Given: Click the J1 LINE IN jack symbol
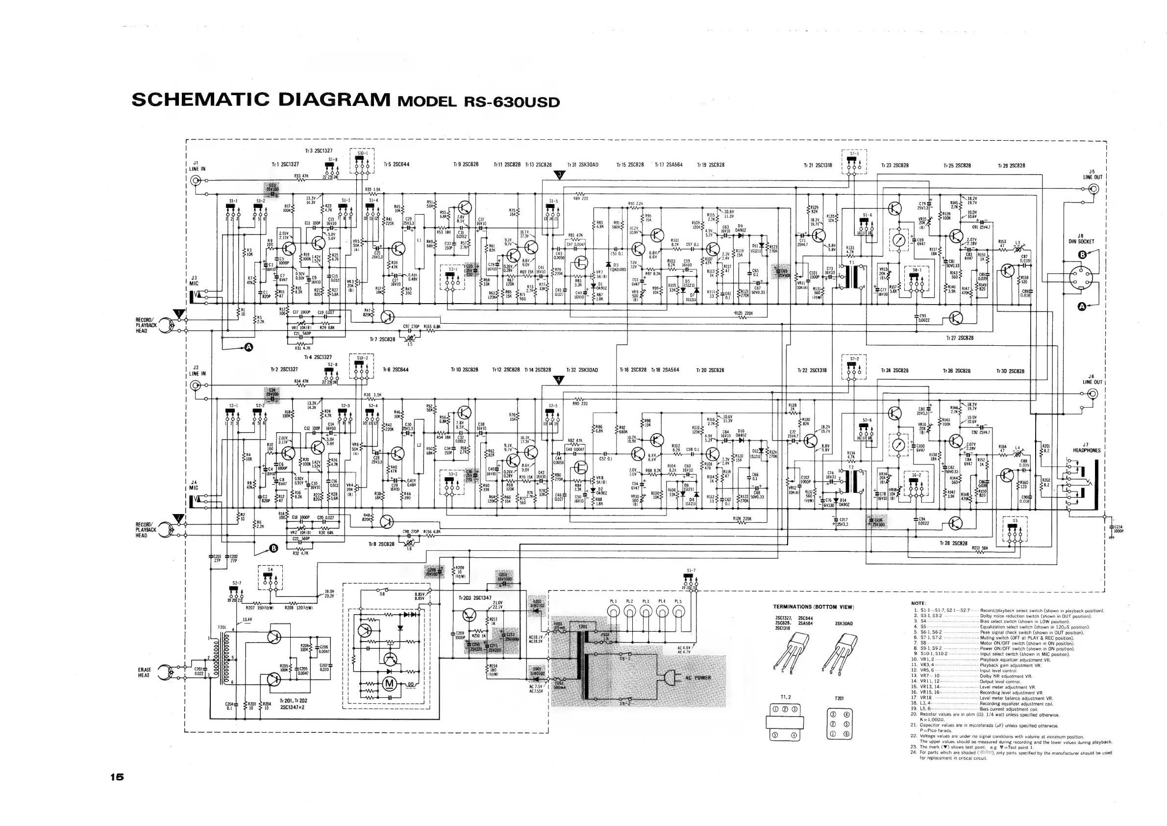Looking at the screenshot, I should [x=194, y=180].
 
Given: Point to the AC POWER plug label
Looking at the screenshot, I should [x=698, y=678].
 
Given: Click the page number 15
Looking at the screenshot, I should [x=116, y=777].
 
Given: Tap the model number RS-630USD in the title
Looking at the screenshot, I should [x=512, y=102].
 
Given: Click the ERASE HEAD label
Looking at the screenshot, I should [x=144, y=672].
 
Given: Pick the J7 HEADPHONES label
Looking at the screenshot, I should [x=1086, y=448].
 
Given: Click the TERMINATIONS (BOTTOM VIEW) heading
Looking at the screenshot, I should [x=813, y=607].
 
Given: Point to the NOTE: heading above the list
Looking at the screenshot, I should [x=919, y=603].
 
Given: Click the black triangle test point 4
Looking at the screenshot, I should [x=558, y=381].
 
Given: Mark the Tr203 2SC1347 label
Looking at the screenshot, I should [x=475, y=598].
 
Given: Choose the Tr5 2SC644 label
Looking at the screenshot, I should [x=397, y=165].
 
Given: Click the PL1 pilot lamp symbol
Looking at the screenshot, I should [x=614, y=614].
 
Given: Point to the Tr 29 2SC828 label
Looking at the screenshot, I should [x=1012, y=166].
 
